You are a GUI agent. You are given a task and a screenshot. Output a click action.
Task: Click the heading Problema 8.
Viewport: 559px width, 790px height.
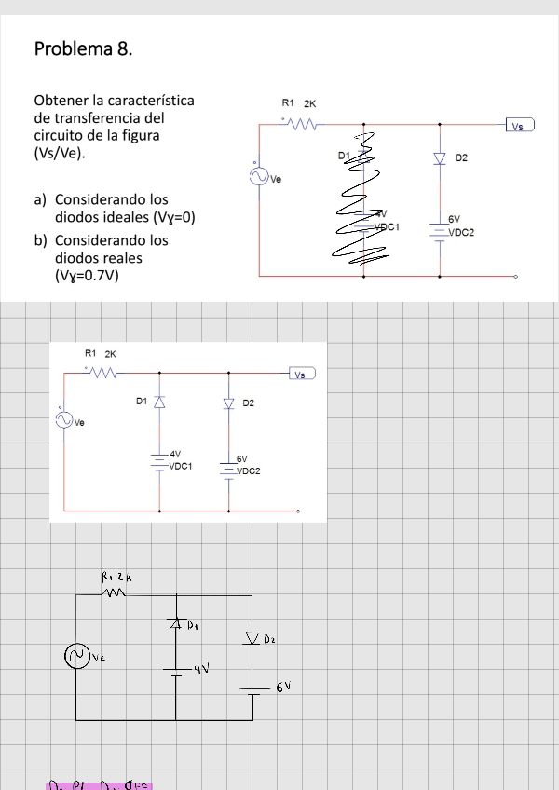(83, 48)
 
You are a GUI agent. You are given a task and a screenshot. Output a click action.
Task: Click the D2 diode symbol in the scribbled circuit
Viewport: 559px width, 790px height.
(441, 159)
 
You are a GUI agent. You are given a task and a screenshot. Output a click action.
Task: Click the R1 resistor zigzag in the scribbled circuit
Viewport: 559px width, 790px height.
(305, 122)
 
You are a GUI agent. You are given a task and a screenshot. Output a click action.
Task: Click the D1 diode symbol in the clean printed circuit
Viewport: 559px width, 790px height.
(159, 402)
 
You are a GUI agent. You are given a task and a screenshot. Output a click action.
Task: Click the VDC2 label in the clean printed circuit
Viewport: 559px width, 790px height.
(248, 471)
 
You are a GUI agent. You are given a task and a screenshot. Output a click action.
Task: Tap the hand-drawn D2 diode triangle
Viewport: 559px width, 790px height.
(252, 638)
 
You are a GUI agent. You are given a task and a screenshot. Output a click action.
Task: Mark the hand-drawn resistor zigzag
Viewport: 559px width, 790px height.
(114, 591)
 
